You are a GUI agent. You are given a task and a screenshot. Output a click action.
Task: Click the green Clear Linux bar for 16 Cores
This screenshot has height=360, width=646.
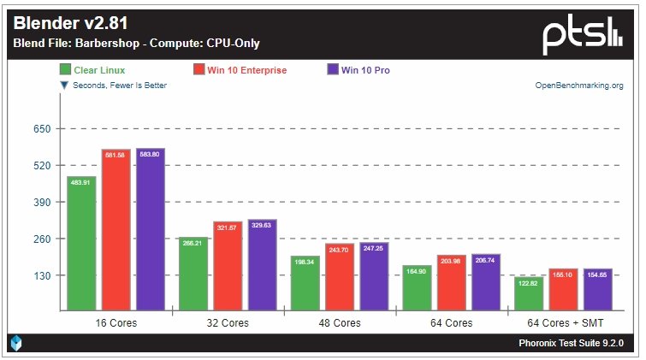pyautogui.click(x=81, y=244)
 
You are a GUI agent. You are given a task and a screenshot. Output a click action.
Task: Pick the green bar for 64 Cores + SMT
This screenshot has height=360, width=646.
pyautogui.click(x=528, y=293)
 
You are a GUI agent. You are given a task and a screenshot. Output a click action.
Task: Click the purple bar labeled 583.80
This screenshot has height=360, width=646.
pyautogui.click(x=151, y=230)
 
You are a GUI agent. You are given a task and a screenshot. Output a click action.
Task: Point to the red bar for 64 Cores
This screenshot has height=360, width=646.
pyautogui.click(x=452, y=282)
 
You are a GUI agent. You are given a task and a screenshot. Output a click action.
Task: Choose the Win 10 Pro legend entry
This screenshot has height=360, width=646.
pyautogui.click(x=359, y=70)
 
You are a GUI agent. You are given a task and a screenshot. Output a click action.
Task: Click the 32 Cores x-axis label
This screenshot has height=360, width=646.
pyautogui.click(x=228, y=323)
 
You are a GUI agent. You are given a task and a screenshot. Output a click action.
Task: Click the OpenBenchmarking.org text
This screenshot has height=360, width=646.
pyautogui.click(x=579, y=86)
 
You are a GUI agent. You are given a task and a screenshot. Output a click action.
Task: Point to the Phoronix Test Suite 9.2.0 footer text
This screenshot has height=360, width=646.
pyautogui.click(x=572, y=343)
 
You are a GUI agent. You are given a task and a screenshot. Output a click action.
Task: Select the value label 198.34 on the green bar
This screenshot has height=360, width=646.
pyautogui.click(x=305, y=261)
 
